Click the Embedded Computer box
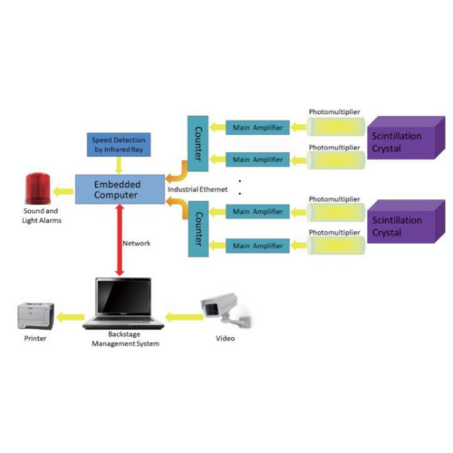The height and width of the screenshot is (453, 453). click(x=118, y=190)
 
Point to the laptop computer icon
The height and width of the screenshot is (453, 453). click(x=124, y=304)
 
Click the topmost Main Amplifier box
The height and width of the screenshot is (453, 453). click(x=258, y=127)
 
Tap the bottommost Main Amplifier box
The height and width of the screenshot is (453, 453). click(x=258, y=245)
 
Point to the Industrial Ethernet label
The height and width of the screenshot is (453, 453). click(x=197, y=188)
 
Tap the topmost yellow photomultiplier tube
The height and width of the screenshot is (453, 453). click(x=333, y=127)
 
